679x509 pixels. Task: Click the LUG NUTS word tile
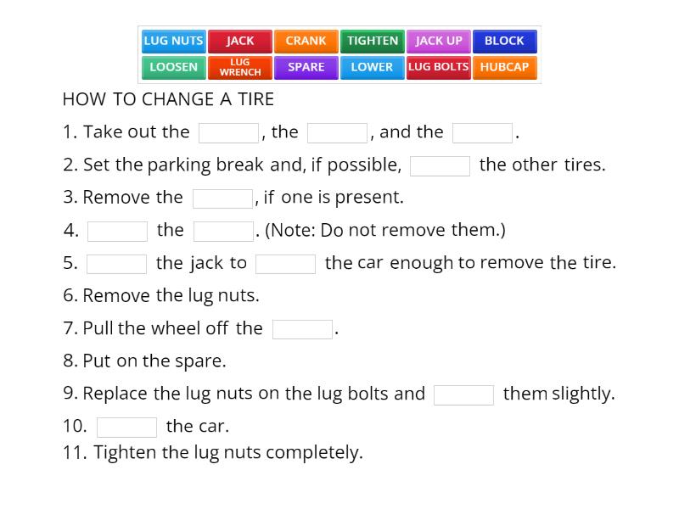pos(173,41)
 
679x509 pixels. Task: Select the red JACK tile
pos(240,41)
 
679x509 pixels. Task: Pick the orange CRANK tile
pos(306,41)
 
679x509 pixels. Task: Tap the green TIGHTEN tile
pos(373,41)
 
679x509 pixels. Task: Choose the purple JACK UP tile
pos(439,41)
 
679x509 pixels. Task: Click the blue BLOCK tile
pos(504,41)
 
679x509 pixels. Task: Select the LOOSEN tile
pos(173,67)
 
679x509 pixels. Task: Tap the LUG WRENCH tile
pos(240,67)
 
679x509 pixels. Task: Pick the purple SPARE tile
pos(306,67)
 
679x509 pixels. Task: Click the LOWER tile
pos(373,67)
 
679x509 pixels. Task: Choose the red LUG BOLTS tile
pos(439,67)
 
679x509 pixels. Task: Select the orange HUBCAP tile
pos(504,67)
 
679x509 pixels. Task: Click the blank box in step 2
pos(440,165)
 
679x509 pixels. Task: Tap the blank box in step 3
pos(222,199)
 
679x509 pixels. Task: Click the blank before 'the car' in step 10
pos(126,427)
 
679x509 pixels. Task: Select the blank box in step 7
pos(302,329)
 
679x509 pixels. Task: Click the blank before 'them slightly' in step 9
pos(463,394)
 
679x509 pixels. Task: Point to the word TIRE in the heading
pos(256,99)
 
